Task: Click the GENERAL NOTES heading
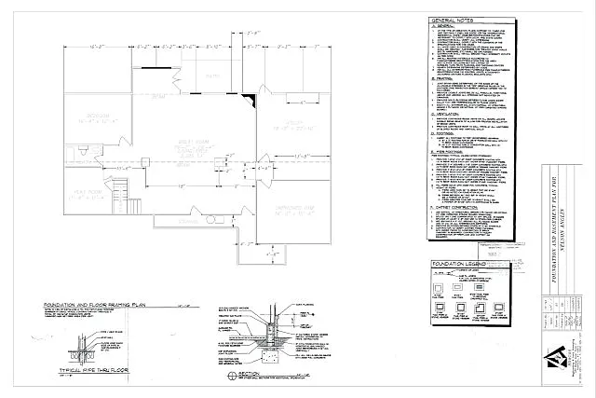[454, 21]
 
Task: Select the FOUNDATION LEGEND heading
[462, 265]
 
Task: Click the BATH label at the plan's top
[210, 77]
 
